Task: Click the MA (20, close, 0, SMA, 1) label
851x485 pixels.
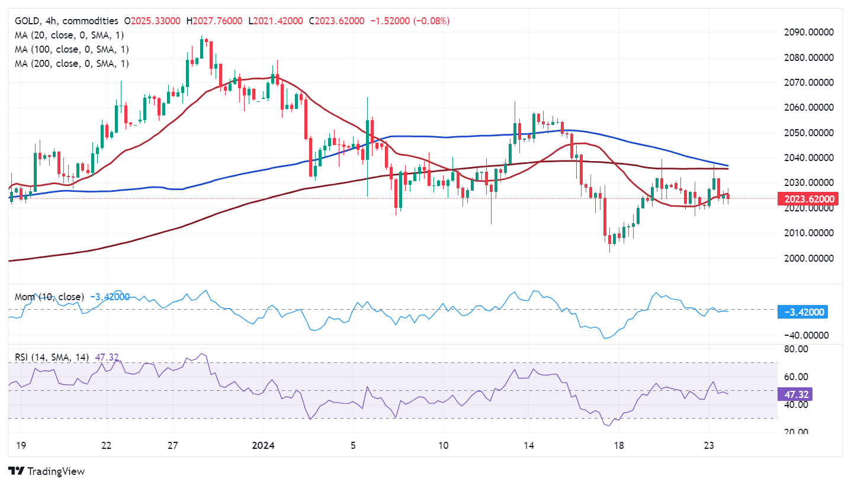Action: (x=72, y=35)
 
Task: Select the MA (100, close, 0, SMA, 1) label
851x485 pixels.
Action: (x=72, y=49)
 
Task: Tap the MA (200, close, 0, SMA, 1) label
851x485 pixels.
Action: (x=72, y=63)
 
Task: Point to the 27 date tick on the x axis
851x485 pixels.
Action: (x=172, y=445)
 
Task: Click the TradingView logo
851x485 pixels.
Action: (x=47, y=471)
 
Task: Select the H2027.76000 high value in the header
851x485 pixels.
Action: (x=214, y=21)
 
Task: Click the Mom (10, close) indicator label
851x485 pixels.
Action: (x=49, y=297)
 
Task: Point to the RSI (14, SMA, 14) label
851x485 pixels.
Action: (x=52, y=357)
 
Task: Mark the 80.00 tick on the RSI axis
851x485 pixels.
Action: (x=797, y=349)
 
